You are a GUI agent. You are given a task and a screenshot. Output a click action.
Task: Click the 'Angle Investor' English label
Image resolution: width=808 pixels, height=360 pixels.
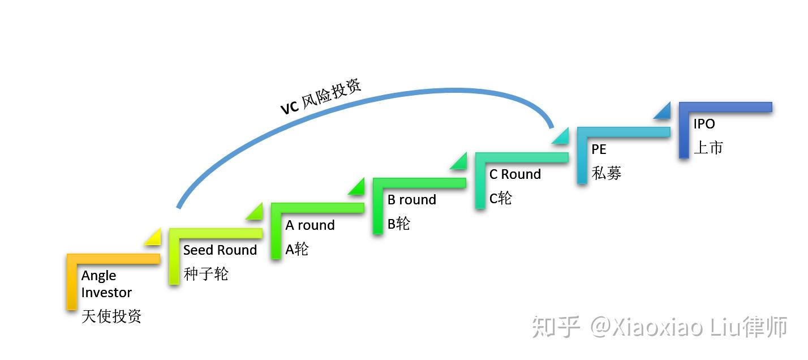(x=106, y=284)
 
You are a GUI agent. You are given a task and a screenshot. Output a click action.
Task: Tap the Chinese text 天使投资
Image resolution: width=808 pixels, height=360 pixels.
(x=111, y=316)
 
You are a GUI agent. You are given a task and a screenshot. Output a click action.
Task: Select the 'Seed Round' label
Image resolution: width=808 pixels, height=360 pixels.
(x=220, y=250)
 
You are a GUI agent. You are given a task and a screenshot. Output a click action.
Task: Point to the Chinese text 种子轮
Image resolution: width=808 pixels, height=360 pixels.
(x=206, y=275)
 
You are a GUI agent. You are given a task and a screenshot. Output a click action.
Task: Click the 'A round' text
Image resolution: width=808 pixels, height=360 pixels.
(x=310, y=225)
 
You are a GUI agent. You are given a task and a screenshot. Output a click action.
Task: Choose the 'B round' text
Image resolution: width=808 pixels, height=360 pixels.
(x=411, y=200)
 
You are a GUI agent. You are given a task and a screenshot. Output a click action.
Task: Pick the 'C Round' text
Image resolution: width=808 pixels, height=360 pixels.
(x=515, y=174)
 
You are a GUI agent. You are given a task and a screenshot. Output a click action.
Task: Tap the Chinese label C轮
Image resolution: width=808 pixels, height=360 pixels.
(x=500, y=198)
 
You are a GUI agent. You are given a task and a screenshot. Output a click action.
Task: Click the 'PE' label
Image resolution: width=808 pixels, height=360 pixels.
(x=599, y=149)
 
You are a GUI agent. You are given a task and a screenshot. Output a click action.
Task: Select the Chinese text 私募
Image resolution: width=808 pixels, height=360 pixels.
(x=607, y=173)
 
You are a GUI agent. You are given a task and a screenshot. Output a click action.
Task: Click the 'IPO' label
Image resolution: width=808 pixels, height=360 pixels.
(x=704, y=124)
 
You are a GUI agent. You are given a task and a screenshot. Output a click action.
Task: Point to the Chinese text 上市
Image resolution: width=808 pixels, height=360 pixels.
(x=708, y=148)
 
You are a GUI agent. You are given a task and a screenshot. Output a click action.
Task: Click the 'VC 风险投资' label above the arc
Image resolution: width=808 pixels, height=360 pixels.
(x=321, y=97)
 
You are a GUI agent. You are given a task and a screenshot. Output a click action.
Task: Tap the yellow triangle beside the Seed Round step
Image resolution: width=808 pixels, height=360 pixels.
(x=154, y=238)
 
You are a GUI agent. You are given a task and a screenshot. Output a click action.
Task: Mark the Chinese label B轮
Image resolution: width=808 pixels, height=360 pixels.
(x=398, y=224)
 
